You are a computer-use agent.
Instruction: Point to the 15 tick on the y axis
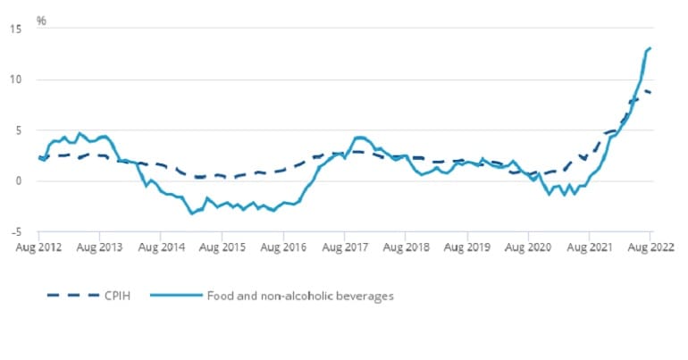(15, 29)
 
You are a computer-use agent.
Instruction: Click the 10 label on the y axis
(15, 80)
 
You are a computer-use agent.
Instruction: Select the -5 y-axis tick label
(15, 231)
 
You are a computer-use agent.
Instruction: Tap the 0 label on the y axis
(18, 181)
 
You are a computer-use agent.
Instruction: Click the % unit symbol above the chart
(41, 19)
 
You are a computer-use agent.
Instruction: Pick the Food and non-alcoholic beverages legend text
(300, 295)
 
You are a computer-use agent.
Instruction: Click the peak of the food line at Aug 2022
(650, 48)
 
